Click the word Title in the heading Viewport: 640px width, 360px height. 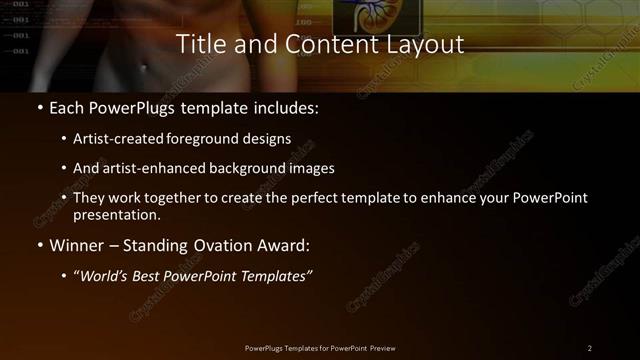click(199, 44)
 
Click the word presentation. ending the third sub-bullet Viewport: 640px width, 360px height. click(117, 215)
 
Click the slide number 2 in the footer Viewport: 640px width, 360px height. click(590, 348)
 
